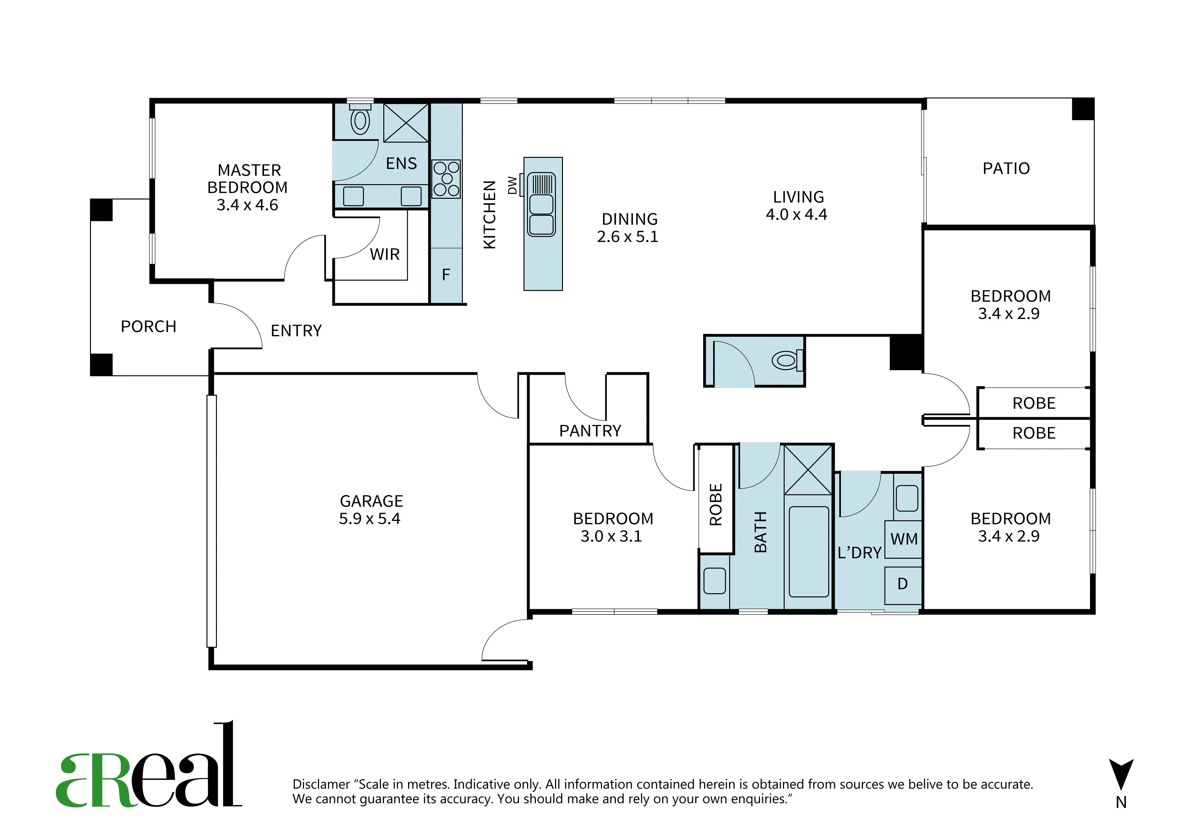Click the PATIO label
[x=1006, y=168]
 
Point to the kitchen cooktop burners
[x=446, y=179]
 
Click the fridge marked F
[x=446, y=275]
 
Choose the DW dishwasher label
[x=513, y=185]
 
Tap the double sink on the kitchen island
[x=541, y=204]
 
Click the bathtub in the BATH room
[x=809, y=552]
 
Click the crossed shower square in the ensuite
[x=406, y=122]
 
